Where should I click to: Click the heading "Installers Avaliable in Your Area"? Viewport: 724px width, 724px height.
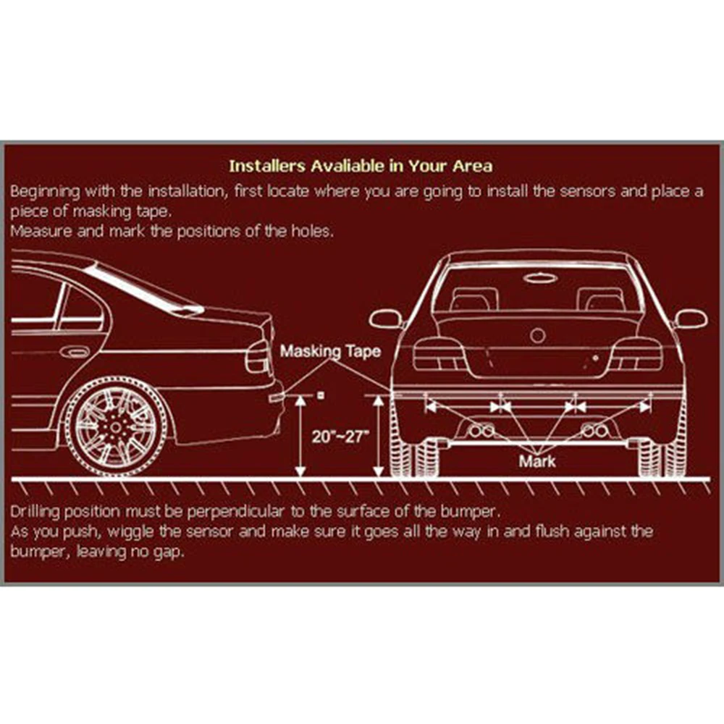point(361,166)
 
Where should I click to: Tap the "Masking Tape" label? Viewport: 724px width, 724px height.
point(330,351)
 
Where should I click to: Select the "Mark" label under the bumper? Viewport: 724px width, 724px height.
point(537,460)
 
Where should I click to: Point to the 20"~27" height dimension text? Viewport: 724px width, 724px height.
point(341,437)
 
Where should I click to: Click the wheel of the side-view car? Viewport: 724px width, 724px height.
point(116,426)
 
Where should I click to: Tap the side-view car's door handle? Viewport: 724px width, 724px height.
point(74,353)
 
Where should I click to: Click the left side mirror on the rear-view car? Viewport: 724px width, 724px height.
point(386,319)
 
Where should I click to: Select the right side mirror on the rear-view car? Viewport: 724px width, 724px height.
point(691,319)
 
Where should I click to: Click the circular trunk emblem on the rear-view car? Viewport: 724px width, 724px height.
point(537,335)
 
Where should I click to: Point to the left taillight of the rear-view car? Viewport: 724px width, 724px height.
point(439,355)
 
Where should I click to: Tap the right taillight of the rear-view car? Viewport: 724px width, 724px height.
point(637,355)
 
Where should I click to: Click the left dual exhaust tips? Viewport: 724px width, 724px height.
point(481,430)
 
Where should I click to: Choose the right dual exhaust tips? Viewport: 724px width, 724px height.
point(594,430)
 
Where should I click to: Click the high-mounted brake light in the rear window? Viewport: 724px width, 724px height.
point(540,277)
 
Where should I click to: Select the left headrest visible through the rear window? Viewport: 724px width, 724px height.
point(474,299)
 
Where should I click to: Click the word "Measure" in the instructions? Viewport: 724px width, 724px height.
point(41,231)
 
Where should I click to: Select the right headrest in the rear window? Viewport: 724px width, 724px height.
point(601,299)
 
